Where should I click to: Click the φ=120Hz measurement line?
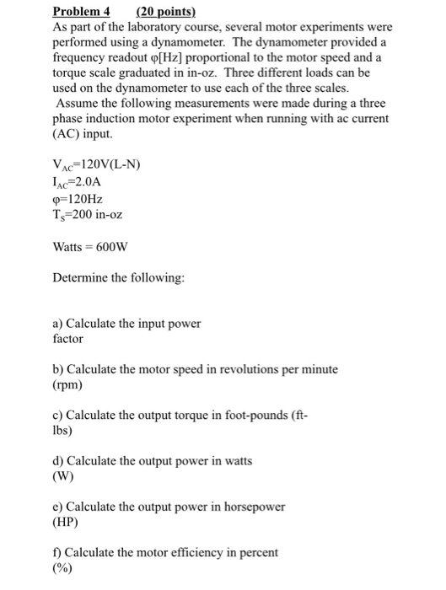click(78, 198)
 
